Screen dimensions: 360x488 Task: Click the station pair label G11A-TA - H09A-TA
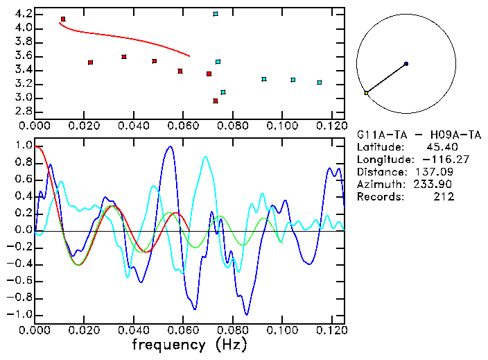pyautogui.click(x=419, y=134)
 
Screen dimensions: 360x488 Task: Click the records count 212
pyautogui.click(x=444, y=196)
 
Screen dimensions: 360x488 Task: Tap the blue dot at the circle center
pyautogui.click(x=406, y=64)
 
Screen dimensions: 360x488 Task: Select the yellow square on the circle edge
pyautogui.click(x=366, y=92)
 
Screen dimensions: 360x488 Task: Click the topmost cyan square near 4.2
pyautogui.click(x=216, y=14)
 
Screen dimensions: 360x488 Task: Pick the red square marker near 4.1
pyautogui.click(x=63, y=19)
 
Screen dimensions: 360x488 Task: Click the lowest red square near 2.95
pyautogui.click(x=216, y=101)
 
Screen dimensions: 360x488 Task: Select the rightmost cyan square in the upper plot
pyautogui.click(x=320, y=83)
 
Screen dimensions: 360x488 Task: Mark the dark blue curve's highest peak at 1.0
pyautogui.click(x=170, y=147)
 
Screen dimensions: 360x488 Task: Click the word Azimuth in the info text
pyautogui.click(x=378, y=184)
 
